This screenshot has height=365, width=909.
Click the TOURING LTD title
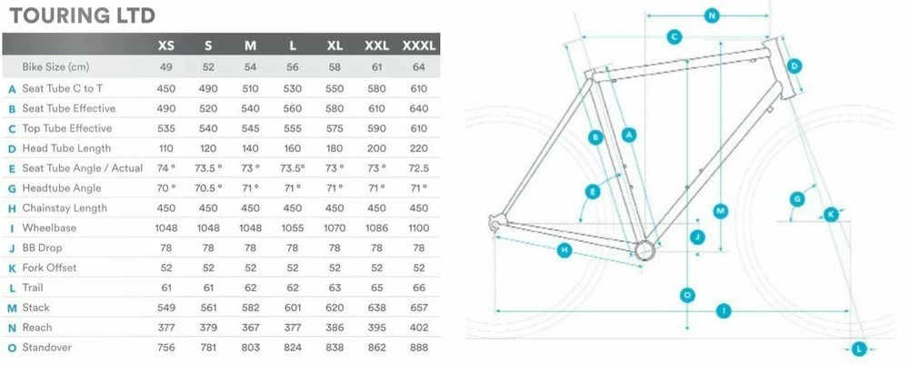[x=83, y=15]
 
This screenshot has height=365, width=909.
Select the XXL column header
[x=377, y=46]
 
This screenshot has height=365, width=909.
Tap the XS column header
[x=165, y=46]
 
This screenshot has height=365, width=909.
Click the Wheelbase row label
[x=49, y=228]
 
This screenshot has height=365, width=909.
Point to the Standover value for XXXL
[x=418, y=348]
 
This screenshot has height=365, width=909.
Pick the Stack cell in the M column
[x=251, y=308]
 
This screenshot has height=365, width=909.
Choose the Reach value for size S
[x=208, y=328]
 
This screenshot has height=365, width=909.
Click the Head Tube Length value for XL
[x=335, y=148]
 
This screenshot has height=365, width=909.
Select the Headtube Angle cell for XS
[x=165, y=188]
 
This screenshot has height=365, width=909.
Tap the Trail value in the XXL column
[x=377, y=288]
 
